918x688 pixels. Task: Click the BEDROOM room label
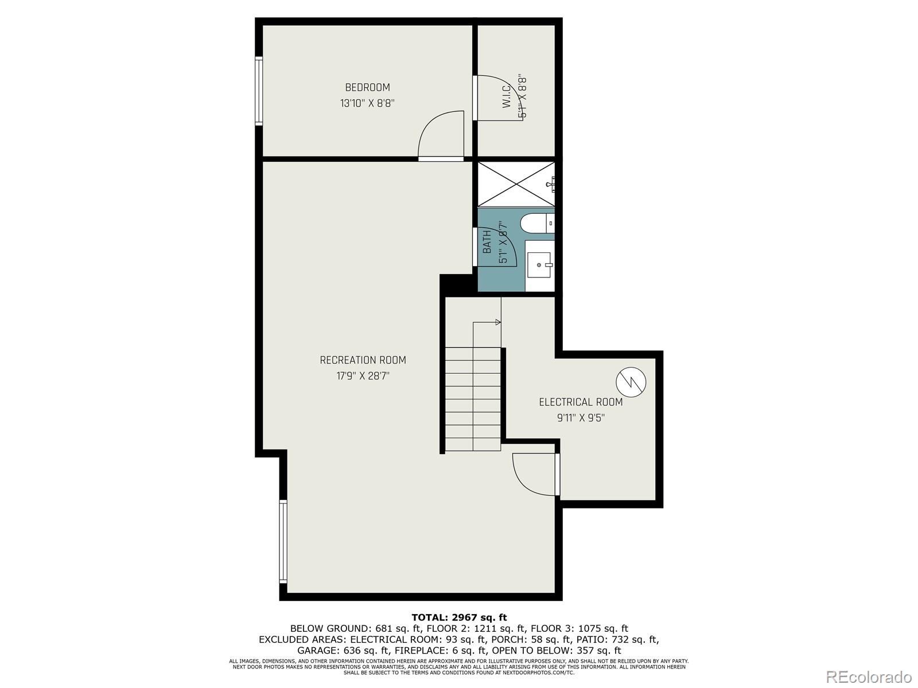(367, 87)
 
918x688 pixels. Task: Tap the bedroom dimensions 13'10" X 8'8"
(367, 104)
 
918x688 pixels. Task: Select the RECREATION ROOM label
(363, 360)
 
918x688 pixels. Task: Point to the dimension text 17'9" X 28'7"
(363, 376)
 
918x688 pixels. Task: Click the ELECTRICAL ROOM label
(581, 402)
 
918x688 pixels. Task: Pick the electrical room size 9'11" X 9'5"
(581, 418)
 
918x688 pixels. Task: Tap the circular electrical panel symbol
(631, 381)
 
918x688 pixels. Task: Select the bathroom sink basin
(539, 265)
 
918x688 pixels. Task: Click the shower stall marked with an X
(516, 183)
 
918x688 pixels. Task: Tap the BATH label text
(487, 242)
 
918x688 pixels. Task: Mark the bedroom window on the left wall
(259, 91)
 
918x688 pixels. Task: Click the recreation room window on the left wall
(283, 541)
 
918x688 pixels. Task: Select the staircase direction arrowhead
(498, 322)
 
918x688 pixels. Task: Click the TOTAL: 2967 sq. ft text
(459, 617)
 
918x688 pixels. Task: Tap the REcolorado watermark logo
(869, 677)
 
